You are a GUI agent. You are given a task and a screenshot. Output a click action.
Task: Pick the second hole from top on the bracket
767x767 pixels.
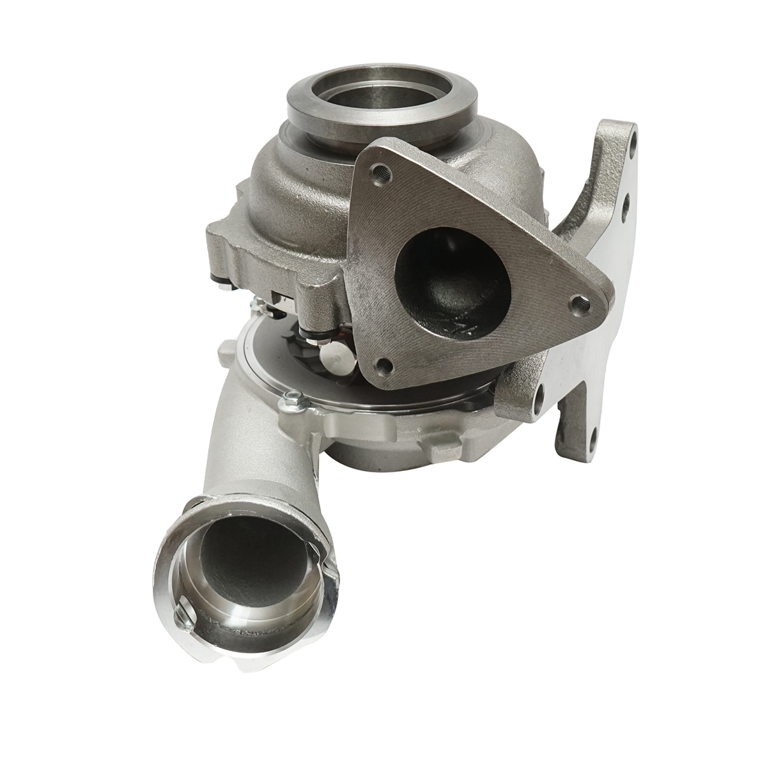pyautogui.click(x=625, y=203)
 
